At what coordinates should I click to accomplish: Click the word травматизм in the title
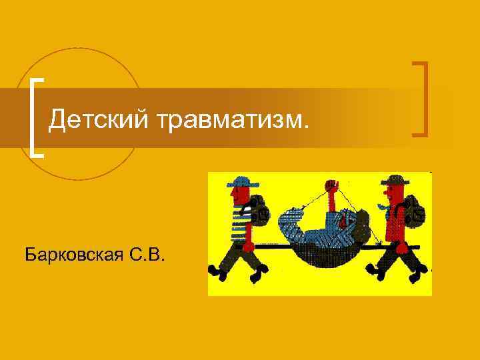click(234, 120)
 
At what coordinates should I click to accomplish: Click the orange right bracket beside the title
click(421, 99)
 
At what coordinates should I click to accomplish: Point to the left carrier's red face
click(236, 194)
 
